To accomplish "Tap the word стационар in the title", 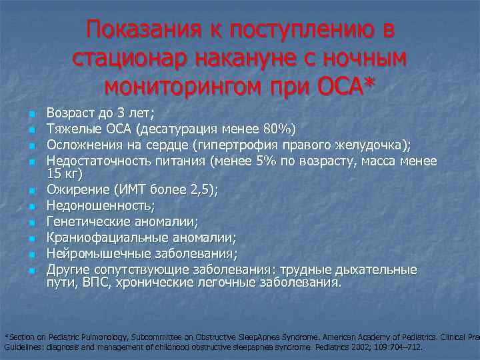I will [129, 58].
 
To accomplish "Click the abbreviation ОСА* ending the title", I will [341, 87].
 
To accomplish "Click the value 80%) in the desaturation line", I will [282, 129].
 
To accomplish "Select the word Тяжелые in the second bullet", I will [71, 129].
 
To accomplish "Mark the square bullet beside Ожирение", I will [31, 191].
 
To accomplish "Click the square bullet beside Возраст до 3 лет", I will [31, 115].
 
